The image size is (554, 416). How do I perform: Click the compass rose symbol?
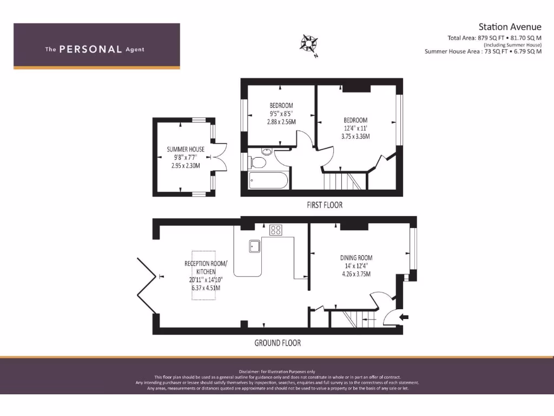[309, 44]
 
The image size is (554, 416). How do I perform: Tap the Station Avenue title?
[510, 27]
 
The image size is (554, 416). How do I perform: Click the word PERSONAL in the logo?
[90, 49]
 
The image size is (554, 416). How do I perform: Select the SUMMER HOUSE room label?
[186, 149]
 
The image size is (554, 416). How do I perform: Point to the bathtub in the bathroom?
[269, 180]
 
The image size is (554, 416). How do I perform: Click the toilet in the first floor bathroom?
[258, 162]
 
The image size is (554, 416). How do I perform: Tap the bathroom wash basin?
[266, 152]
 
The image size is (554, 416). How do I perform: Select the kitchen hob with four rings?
[275, 230]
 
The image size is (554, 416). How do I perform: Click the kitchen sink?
[255, 246]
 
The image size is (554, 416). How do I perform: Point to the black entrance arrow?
[404, 317]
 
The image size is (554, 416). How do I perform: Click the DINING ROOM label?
[356, 258]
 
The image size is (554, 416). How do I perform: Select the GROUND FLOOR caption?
[278, 343]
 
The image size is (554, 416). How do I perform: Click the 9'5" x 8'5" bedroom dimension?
[281, 114]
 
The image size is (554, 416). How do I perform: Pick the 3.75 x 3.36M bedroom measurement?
[355, 136]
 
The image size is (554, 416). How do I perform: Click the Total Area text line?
[494, 38]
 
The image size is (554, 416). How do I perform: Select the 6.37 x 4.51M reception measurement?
[206, 288]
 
